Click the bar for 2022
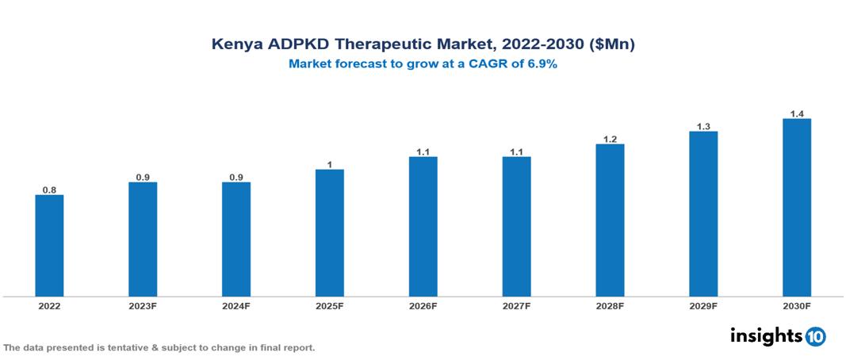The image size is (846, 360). pyautogui.click(x=49, y=246)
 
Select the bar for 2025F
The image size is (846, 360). pyautogui.click(x=329, y=233)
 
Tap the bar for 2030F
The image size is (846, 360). pyautogui.click(x=796, y=208)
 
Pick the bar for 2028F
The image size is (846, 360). pyautogui.click(x=610, y=220)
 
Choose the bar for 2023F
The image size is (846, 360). pyautogui.click(x=143, y=239)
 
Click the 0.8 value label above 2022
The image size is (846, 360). pyautogui.click(x=49, y=190)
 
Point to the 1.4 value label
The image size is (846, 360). pyautogui.click(x=797, y=114)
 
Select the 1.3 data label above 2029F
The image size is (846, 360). pyautogui.click(x=703, y=126)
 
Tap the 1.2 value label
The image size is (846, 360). pyautogui.click(x=610, y=139)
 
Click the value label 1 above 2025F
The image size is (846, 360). pyautogui.click(x=330, y=164)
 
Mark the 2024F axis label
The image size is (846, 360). pyautogui.click(x=236, y=306)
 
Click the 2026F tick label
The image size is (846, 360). pyautogui.click(x=423, y=306)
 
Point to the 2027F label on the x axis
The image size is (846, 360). pyautogui.click(x=516, y=306)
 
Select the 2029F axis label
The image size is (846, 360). pyautogui.click(x=703, y=306)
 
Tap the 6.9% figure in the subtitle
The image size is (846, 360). pyautogui.click(x=540, y=64)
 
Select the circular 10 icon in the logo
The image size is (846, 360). pyautogui.click(x=816, y=336)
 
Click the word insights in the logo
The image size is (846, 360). pyautogui.click(x=766, y=335)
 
